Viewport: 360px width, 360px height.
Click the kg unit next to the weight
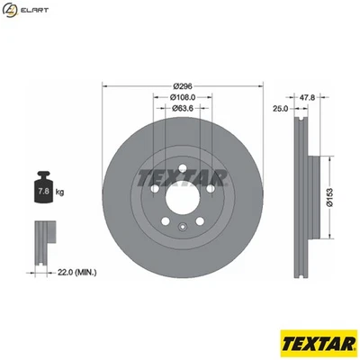pos(59,192)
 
